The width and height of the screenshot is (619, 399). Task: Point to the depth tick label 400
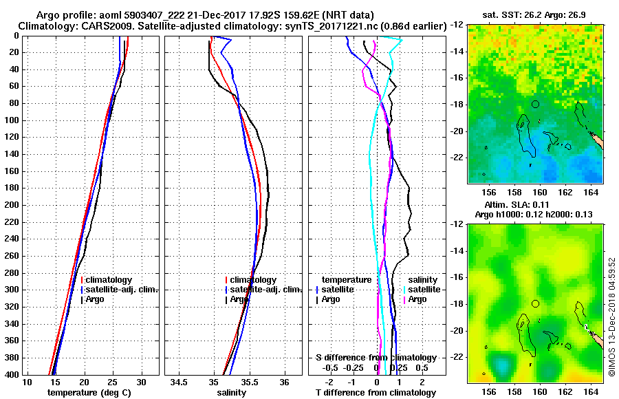click(10, 374)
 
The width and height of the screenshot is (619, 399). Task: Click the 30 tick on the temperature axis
click(141, 382)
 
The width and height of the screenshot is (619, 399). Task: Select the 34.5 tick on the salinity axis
click(180, 382)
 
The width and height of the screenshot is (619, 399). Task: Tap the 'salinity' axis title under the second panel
click(231, 393)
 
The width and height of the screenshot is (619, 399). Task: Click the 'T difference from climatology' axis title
click(376, 393)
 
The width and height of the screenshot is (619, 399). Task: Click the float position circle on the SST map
click(535, 104)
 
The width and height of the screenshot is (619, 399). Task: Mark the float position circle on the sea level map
click(535, 303)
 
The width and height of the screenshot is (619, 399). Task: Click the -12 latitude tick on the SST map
click(457, 24)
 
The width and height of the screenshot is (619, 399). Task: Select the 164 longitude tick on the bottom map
click(591, 389)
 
